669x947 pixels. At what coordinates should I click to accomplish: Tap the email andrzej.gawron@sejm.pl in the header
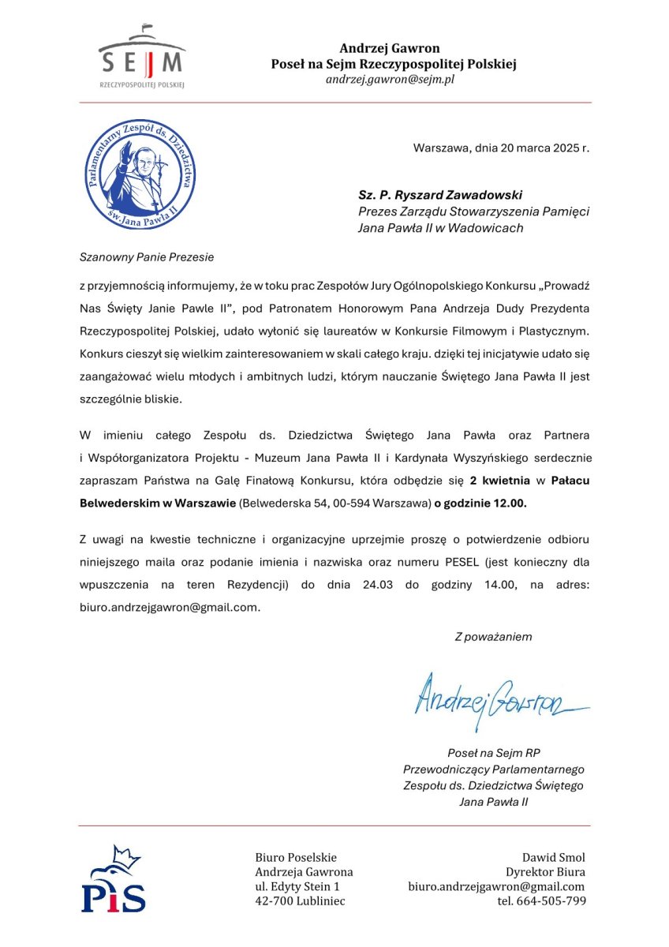(x=390, y=80)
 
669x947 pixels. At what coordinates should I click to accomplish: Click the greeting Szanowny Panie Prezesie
(x=147, y=256)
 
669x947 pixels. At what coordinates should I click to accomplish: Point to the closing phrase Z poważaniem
(x=493, y=636)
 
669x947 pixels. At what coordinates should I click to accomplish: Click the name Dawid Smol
(x=554, y=857)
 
